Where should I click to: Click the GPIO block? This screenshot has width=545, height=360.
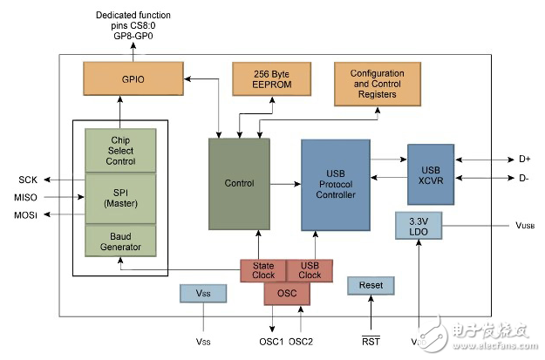121,78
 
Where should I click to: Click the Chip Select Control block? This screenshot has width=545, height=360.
120,150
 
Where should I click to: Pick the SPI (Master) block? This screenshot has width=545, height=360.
120,198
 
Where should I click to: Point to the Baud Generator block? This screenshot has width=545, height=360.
120,241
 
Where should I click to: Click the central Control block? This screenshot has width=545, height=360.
239,183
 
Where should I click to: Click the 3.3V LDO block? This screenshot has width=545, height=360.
419,225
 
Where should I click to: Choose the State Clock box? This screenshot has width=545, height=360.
263,270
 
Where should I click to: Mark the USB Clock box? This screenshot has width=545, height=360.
310,270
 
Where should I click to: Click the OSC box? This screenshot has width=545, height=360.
287,294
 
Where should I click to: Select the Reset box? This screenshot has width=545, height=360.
371,286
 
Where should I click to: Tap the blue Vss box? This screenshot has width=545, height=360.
202,294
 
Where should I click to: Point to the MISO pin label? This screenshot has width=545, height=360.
25,197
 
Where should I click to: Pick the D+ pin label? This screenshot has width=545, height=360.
524,160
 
